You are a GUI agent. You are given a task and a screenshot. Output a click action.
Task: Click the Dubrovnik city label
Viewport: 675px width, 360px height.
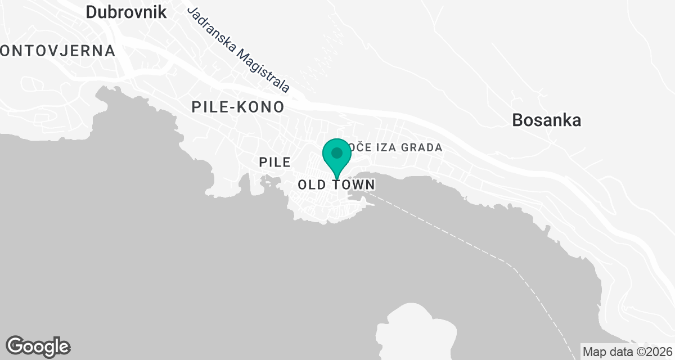click(x=126, y=12)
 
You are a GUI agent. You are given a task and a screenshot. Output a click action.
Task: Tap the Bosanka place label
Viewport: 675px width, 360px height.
click(x=546, y=120)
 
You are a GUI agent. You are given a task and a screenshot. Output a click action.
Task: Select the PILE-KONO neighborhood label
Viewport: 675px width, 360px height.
click(x=237, y=107)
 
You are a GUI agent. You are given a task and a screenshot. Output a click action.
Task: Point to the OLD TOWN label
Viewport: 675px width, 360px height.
click(x=336, y=184)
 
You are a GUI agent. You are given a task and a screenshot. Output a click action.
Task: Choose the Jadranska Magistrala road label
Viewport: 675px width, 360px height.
click(x=238, y=49)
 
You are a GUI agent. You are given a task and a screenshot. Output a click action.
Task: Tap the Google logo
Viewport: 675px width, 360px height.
click(x=38, y=346)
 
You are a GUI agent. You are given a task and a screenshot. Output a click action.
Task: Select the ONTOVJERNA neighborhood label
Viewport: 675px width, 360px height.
click(x=57, y=51)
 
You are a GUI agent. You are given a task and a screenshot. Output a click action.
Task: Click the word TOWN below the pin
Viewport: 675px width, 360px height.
click(x=353, y=184)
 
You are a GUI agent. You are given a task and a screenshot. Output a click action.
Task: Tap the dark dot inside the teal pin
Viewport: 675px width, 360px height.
click(x=337, y=153)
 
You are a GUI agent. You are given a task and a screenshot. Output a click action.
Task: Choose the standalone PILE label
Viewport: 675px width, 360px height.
click(x=274, y=162)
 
